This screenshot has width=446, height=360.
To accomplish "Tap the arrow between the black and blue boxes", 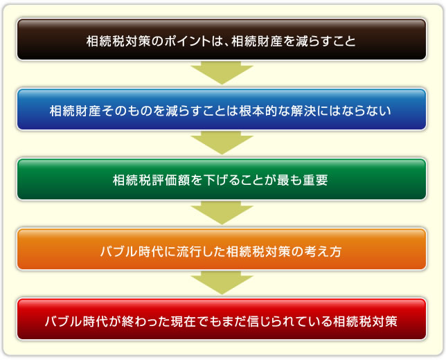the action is [x=222, y=73].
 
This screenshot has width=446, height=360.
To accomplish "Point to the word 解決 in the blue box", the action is [x=303, y=111].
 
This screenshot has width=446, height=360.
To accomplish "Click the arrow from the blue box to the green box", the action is [x=222, y=143].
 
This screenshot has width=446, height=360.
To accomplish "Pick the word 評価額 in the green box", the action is [x=171, y=180].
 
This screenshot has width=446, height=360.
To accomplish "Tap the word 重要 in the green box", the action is [x=315, y=180].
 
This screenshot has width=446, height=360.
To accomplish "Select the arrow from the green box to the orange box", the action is [x=222, y=213].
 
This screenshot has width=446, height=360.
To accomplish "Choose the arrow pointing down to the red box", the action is [x=222, y=282].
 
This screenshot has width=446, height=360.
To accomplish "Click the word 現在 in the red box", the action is [x=184, y=321].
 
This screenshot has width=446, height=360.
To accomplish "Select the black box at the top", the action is [x=222, y=39].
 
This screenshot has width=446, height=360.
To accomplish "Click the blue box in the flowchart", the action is [x=222, y=109].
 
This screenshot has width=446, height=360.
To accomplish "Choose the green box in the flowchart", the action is [x=222, y=179].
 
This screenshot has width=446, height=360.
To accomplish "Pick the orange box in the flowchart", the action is [x=222, y=249].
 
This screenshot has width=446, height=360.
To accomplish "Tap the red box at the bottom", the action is [x=222, y=319].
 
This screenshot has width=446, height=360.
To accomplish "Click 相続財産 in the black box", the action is [x=257, y=41].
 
